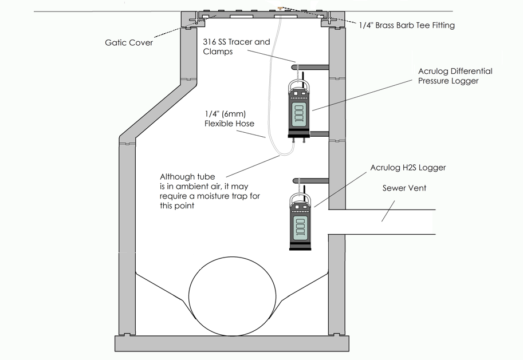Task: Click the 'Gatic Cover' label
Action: coord(129,42)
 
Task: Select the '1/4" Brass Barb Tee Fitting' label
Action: coord(406,25)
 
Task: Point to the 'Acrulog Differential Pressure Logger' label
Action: coord(455,76)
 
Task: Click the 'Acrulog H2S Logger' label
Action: coord(407,168)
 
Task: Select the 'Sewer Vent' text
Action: coord(405,188)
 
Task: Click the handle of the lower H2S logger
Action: coord(298,199)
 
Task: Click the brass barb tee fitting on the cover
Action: coord(280,8)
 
